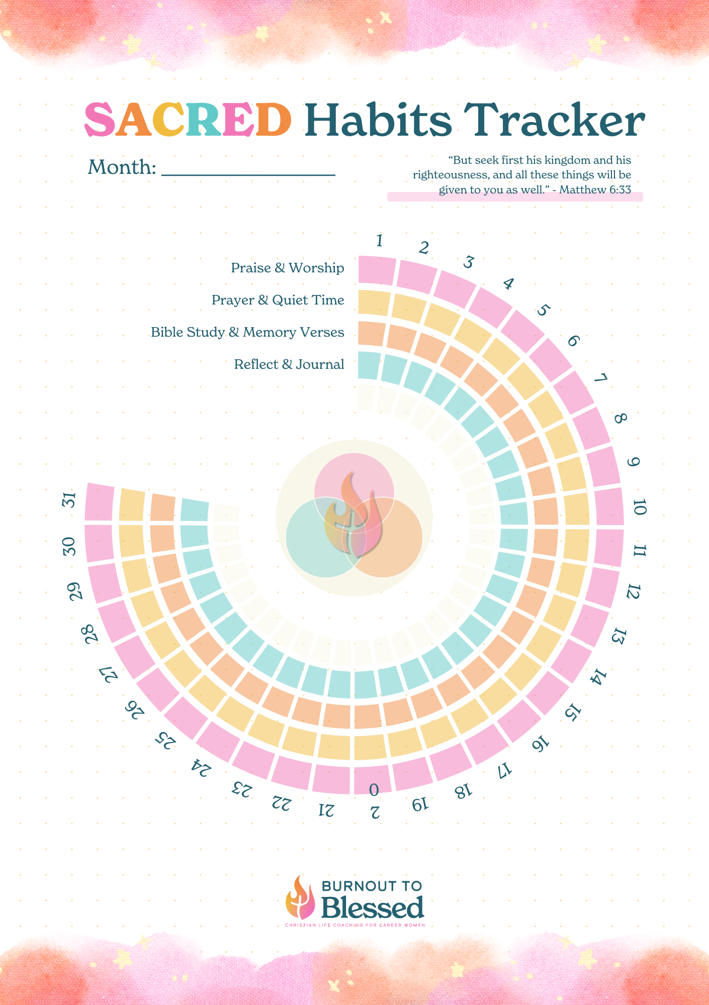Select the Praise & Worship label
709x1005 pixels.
(287, 268)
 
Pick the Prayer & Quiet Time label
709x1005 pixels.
(278, 300)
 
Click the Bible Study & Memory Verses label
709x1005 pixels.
(247, 332)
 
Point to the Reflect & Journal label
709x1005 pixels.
(289, 364)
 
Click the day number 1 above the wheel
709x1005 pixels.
(380, 242)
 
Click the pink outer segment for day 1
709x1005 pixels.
(376, 270)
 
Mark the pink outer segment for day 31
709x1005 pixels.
(99, 502)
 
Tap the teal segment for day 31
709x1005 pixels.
(195, 510)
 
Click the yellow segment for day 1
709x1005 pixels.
(374, 303)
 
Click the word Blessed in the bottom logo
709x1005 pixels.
(372, 908)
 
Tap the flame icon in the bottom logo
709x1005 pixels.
(300, 899)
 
